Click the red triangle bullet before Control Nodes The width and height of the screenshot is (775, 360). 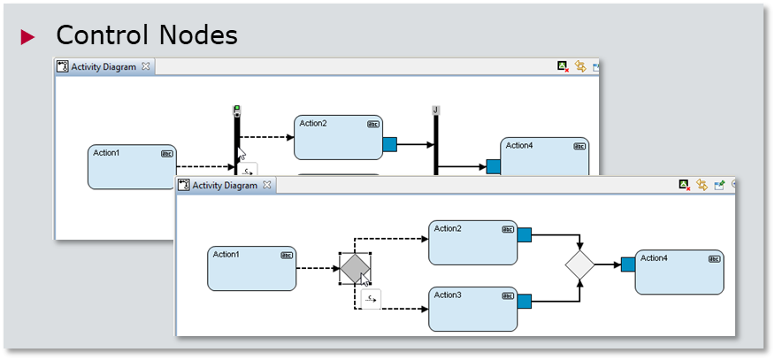click(27, 36)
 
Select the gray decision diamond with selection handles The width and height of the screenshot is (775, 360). click(355, 268)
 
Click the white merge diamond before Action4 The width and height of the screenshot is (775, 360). click(579, 264)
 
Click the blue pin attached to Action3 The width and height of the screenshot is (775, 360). click(524, 302)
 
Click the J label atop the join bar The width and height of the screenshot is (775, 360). click(436, 110)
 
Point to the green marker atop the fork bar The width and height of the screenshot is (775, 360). click(236, 110)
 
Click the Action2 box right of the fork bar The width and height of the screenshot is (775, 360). click(338, 137)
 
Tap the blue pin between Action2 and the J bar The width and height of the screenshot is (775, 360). click(389, 144)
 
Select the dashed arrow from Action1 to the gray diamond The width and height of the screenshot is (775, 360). click(317, 268)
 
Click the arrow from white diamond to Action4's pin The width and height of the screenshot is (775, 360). click(608, 264)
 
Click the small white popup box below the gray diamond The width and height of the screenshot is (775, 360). click(371, 300)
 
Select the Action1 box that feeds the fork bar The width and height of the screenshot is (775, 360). click(132, 166)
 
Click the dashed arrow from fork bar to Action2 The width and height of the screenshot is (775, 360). click(266, 137)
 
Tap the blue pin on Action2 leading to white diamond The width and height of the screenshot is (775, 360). click(524, 234)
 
